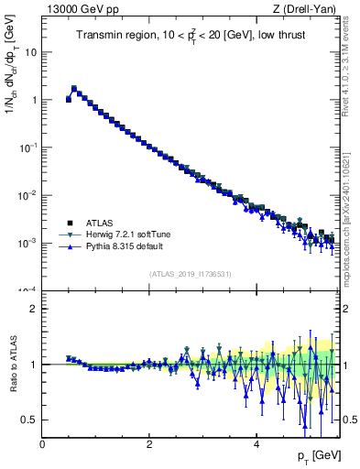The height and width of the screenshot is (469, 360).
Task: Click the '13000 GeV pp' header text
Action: coord(75,9)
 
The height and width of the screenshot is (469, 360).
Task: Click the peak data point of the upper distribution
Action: coord(74,89)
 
